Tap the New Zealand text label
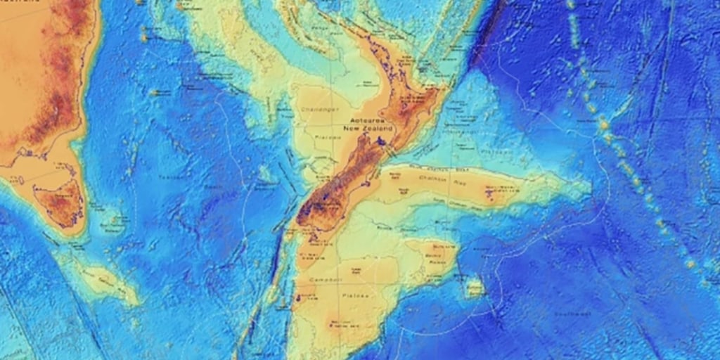coord(366,130)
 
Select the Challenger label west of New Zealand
coord(317,110)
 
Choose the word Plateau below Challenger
coord(323,138)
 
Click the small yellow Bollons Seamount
coord(475,287)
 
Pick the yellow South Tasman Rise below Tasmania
coord(105,280)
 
